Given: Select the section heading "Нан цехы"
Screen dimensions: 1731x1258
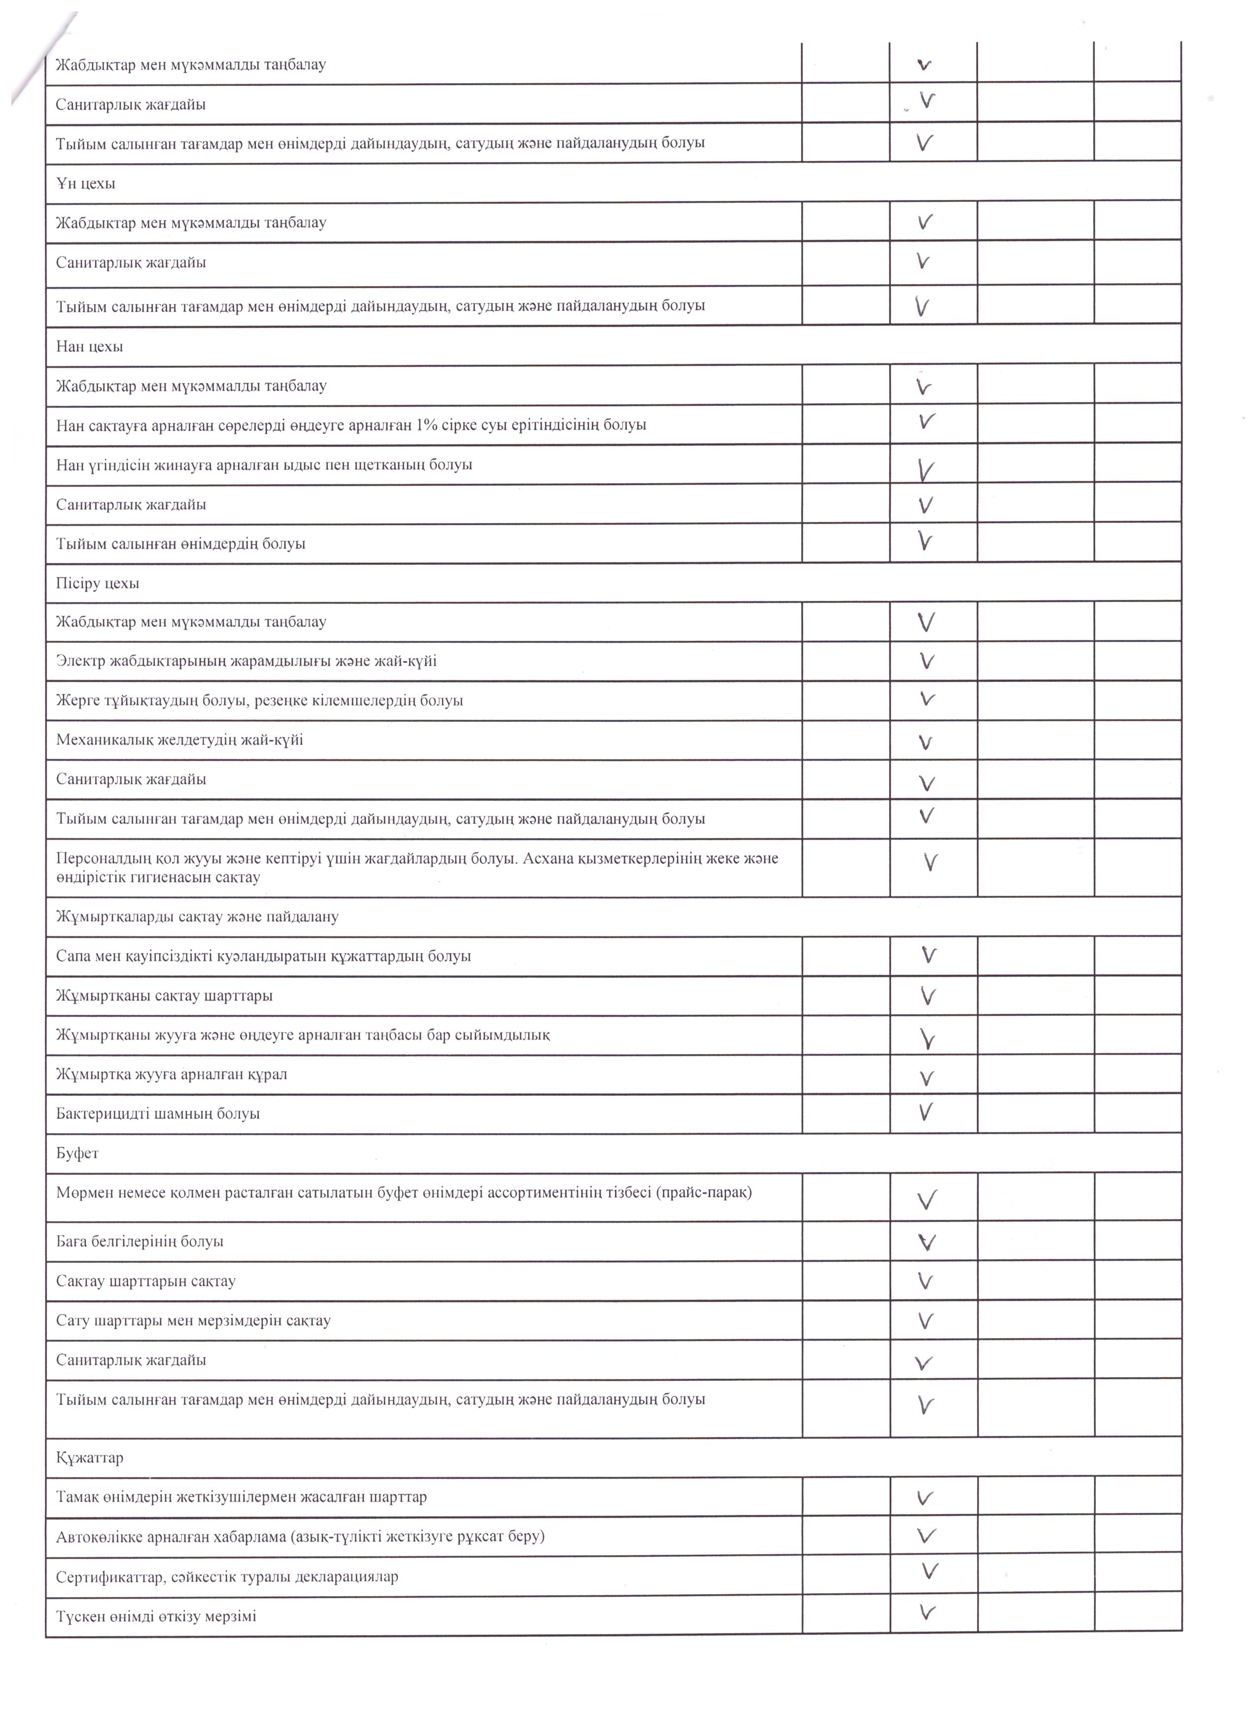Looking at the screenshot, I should pos(89,347).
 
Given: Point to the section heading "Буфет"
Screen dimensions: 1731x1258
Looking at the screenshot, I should pos(77,1153).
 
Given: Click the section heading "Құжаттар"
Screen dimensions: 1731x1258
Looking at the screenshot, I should pos(89,1458).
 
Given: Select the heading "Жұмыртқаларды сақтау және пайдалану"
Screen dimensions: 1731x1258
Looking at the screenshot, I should pos(197,917).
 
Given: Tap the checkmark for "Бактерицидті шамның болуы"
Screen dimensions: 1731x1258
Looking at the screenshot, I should pos(925,1112).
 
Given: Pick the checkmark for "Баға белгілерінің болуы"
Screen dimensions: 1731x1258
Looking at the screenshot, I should pos(926,1243).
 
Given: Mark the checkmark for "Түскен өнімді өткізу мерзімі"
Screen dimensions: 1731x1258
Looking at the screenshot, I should pos(927,1613).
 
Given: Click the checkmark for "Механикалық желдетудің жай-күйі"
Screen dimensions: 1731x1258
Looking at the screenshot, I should pos(925,742).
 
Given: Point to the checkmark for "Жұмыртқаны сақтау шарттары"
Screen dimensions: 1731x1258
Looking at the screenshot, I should pos(928,996).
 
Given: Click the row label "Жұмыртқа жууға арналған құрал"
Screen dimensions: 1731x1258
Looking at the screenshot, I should pos(172,1075).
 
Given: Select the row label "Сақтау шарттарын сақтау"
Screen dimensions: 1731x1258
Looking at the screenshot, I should pos(146,1281).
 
